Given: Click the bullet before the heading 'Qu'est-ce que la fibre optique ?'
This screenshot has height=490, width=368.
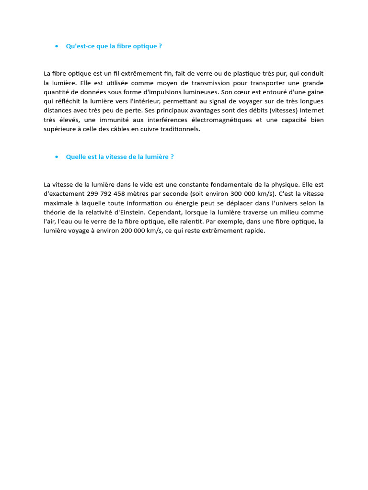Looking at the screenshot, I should [x=57, y=46].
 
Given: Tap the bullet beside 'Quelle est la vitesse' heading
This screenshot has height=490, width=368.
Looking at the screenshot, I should [x=57, y=157].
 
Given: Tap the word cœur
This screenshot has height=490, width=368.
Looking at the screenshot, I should [x=251, y=92].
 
